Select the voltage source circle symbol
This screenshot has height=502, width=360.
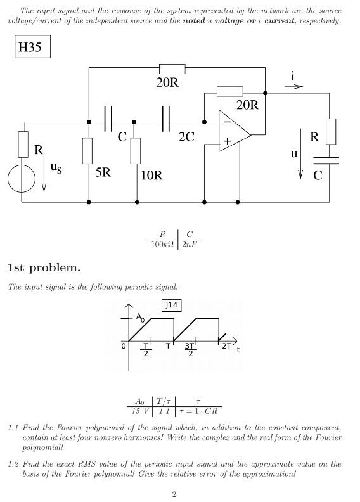(22, 179)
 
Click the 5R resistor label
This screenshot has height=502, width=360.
(103, 172)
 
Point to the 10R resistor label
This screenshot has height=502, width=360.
(151, 175)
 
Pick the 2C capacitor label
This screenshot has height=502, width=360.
(186, 137)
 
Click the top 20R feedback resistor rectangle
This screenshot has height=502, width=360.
(172, 68)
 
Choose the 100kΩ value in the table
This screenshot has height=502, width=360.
(162, 244)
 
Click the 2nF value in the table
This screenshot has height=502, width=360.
(189, 244)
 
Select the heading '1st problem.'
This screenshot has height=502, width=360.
(44, 267)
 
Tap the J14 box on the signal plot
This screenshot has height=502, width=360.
(171, 306)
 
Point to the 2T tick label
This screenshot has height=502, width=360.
(226, 346)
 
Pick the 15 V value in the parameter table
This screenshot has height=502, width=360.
(139, 411)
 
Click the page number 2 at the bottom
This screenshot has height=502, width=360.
(174, 494)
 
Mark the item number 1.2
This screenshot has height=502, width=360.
(13, 464)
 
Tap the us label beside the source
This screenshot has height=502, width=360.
(56, 168)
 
